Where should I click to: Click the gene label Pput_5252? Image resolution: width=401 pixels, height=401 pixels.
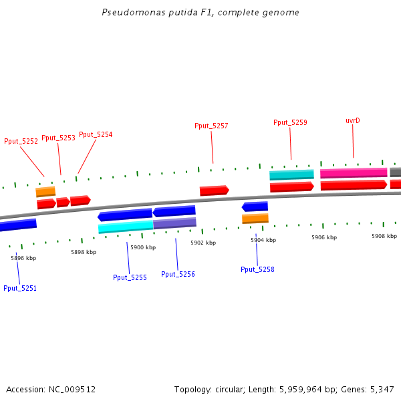[x=21, y=141]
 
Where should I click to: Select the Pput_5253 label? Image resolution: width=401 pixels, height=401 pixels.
[x=58, y=138]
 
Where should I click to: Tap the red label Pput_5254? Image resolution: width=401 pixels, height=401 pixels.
[x=96, y=134]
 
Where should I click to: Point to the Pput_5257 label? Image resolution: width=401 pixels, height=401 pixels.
[x=211, y=126]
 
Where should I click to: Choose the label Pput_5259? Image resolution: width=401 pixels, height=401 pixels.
[x=290, y=122]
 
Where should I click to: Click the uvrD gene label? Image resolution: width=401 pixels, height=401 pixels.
[x=353, y=120]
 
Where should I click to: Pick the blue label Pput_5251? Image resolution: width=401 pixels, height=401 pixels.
[x=20, y=288]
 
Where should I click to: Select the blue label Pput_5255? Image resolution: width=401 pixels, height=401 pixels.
[x=130, y=277]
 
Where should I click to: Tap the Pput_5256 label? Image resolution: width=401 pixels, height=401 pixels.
[x=178, y=274]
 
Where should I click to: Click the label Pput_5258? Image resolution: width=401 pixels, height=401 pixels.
[x=257, y=269]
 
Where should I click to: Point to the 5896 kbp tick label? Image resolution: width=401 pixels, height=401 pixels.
[x=23, y=257]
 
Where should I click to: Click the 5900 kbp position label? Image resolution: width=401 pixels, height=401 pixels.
[x=143, y=247]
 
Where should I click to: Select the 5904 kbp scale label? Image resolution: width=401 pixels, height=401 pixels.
[x=263, y=240]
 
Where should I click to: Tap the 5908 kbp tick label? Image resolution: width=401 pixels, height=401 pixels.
[x=384, y=236]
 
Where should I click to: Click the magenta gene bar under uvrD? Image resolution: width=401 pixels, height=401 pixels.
[x=354, y=173]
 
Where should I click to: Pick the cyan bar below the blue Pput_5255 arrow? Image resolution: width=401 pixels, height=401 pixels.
[x=126, y=227]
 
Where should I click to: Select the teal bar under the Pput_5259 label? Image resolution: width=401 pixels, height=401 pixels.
[x=291, y=175]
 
